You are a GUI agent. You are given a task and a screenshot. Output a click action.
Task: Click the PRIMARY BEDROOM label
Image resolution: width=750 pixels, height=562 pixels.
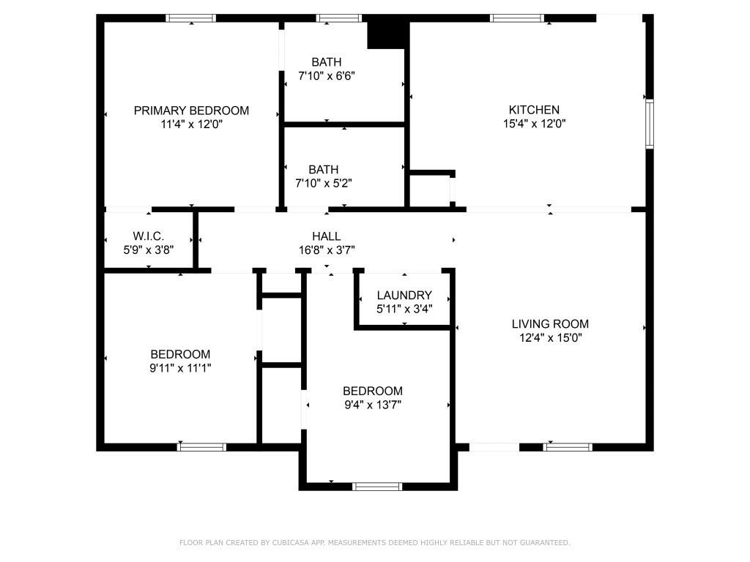(191, 110)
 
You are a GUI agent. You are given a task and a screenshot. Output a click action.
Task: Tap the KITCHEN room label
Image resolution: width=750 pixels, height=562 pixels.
(536, 110)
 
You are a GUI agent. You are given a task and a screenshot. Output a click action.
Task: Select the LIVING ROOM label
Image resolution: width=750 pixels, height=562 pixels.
(549, 323)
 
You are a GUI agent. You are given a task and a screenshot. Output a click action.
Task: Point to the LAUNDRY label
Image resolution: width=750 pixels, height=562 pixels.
(404, 295)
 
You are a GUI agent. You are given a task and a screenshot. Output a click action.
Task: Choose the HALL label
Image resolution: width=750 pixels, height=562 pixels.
(326, 236)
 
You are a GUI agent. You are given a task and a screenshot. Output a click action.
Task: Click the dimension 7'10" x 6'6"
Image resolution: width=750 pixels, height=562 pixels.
(327, 75)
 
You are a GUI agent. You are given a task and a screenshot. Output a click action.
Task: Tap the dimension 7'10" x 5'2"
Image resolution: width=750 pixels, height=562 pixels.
(324, 183)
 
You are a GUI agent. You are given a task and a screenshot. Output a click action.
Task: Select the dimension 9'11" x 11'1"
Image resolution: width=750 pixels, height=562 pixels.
(180, 368)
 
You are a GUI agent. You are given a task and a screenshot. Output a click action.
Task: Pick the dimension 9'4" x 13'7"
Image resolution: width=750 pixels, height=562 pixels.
(372, 404)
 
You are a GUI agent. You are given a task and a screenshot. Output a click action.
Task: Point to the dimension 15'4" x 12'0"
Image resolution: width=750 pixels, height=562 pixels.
(536, 124)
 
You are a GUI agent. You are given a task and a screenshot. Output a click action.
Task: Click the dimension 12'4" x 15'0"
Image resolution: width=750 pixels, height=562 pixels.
(549, 337)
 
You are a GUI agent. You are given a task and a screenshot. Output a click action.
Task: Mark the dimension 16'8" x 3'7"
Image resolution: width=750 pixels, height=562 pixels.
(326, 250)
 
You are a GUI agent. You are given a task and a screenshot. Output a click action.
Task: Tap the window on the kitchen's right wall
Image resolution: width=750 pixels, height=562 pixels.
(649, 124)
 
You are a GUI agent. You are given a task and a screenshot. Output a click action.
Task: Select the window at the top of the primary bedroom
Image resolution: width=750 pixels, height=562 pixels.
(190, 18)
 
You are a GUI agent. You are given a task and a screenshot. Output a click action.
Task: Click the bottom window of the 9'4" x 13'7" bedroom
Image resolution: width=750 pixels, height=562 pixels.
(377, 486)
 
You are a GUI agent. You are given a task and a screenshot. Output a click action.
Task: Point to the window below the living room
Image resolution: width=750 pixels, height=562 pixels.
(568, 446)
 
